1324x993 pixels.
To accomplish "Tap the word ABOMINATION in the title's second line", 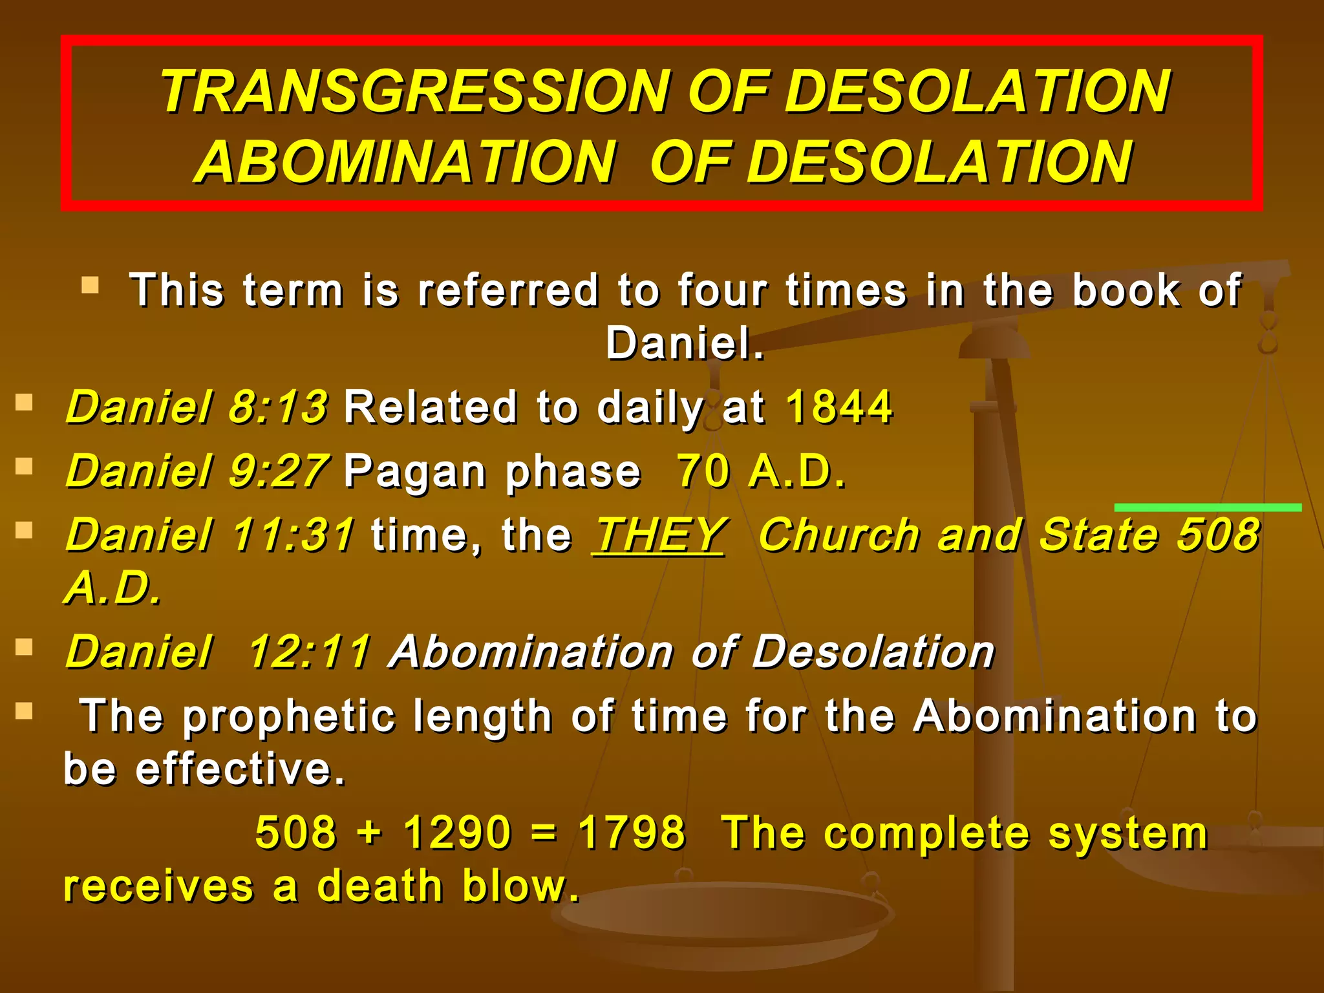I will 405,162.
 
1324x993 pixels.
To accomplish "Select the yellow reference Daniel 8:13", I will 197,407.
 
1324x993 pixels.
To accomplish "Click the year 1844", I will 839,407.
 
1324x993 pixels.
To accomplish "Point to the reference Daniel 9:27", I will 197,471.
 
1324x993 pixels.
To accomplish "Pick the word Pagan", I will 414,472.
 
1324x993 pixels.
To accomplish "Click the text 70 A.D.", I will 760,471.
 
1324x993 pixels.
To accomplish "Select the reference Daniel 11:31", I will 210,535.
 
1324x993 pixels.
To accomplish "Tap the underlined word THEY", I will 659,535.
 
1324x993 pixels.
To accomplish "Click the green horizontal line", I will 1207,507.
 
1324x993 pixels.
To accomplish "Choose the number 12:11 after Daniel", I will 309,651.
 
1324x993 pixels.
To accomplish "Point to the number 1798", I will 631,832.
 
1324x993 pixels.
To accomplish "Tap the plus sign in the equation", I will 370,832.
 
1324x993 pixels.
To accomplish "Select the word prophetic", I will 288,717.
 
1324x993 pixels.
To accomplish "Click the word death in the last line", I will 379,886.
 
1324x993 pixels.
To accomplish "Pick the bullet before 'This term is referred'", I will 90,284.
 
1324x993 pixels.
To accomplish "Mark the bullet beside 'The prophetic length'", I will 24,711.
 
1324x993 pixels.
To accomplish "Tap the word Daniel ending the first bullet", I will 684,343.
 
